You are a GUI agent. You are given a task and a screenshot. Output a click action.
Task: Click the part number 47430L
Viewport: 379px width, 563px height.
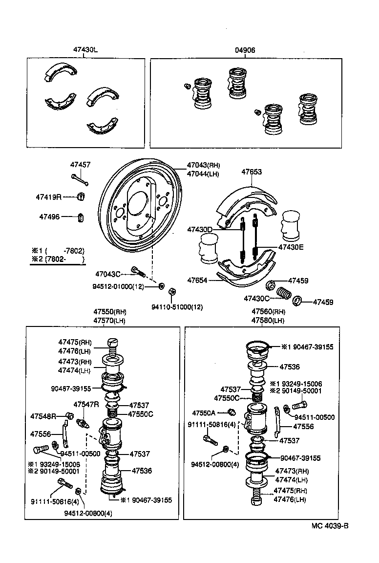(85, 50)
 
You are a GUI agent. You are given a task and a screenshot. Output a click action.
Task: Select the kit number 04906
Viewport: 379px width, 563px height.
(245, 50)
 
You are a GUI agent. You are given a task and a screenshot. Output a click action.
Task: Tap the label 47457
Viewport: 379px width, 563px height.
(80, 166)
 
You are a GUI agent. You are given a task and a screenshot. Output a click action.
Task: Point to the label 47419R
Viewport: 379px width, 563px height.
(48, 197)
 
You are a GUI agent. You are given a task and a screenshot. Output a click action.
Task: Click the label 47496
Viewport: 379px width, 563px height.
(49, 217)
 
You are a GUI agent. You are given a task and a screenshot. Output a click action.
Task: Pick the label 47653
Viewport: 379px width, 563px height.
(252, 172)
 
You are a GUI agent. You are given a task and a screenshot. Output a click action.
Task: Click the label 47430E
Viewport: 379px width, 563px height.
(291, 247)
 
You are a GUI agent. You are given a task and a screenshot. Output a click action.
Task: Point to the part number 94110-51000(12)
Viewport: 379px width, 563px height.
(177, 307)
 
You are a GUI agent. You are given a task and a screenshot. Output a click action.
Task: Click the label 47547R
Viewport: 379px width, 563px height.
(86, 404)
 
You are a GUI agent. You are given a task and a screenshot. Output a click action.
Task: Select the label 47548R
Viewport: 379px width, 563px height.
(43, 416)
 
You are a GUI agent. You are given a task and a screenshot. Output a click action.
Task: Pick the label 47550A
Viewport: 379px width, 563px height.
(204, 412)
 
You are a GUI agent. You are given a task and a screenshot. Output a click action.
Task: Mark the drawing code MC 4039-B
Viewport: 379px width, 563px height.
(330, 526)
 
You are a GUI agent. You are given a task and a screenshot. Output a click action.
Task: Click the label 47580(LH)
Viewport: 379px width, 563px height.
(268, 321)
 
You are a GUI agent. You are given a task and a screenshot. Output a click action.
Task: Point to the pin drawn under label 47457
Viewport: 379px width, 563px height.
(80, 179)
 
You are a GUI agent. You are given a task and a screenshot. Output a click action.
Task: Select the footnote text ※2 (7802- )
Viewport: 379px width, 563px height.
(58, 259)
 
